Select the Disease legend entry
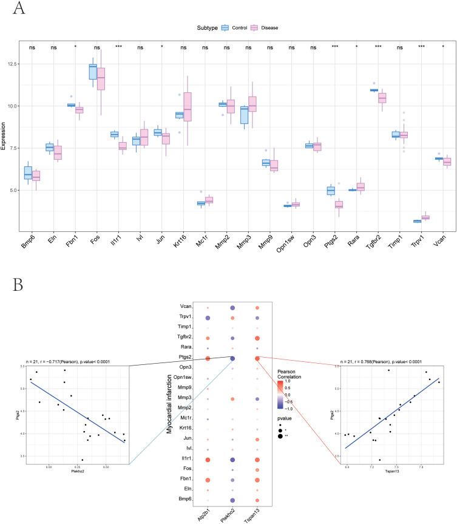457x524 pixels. click(264, 27)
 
